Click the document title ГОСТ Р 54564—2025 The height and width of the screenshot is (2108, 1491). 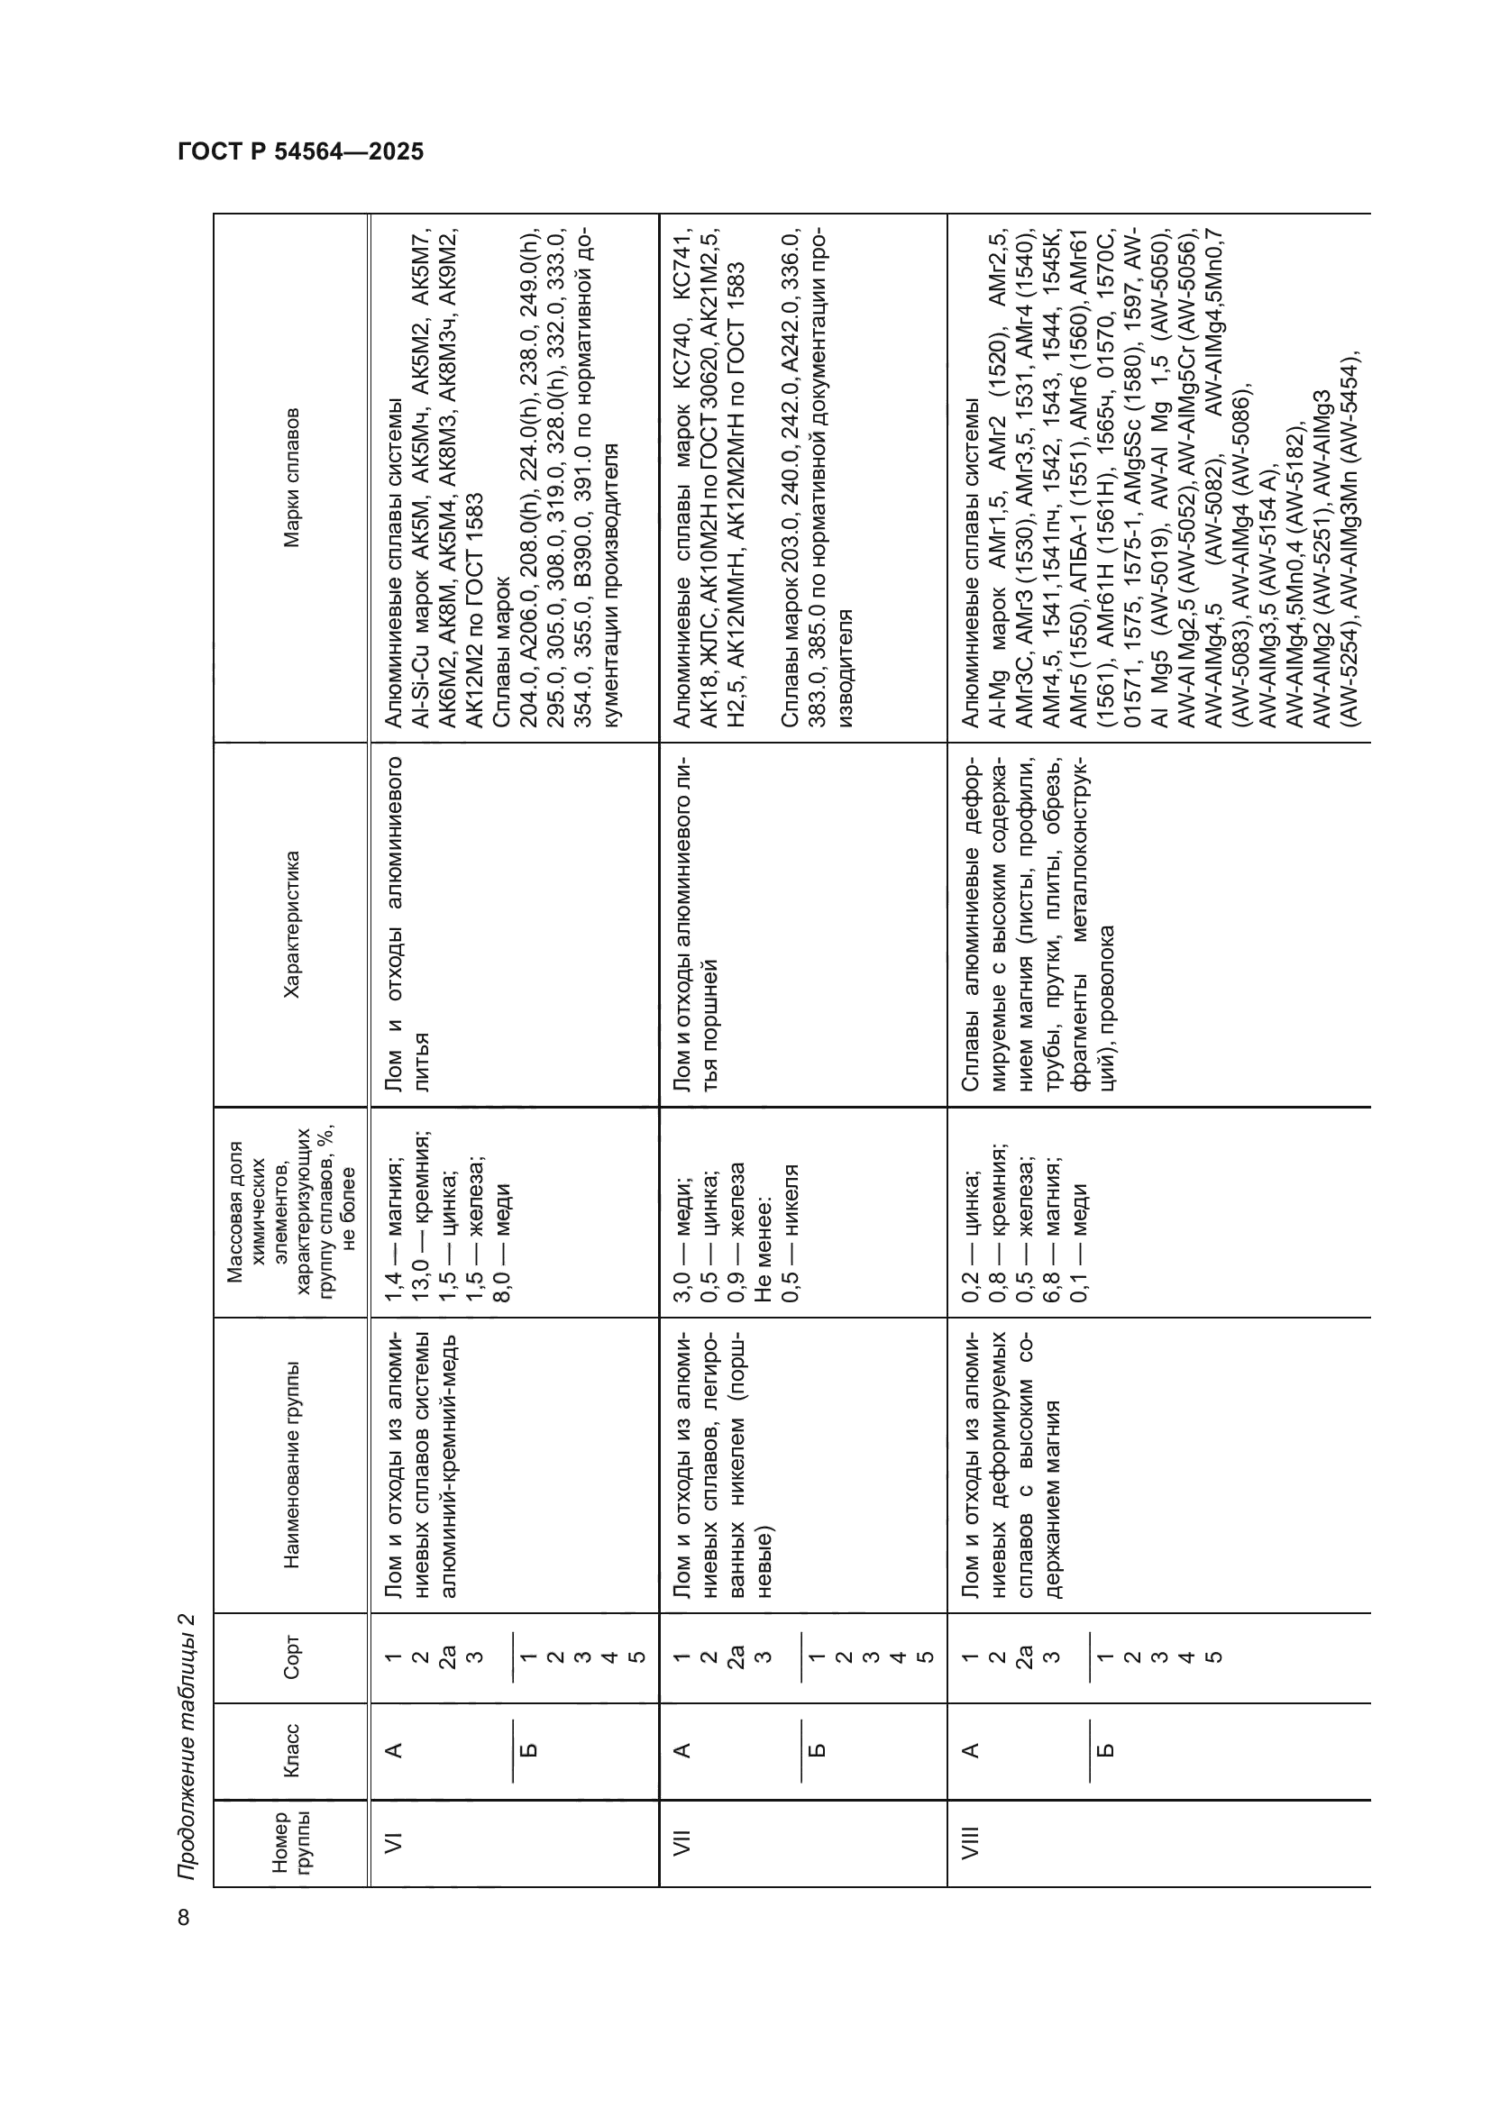[x=300, y=152]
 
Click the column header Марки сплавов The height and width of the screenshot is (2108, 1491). [x=292, y=478]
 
